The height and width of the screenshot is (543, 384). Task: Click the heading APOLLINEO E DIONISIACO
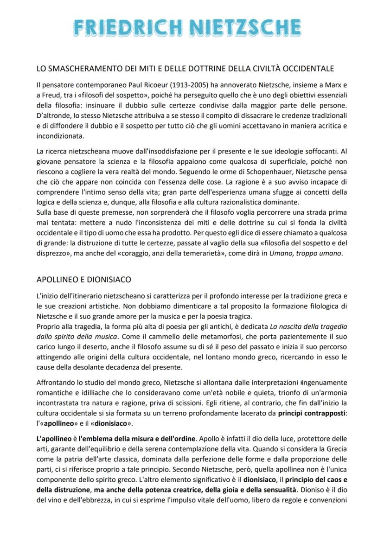pyautogui.click(x=83, y=280)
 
